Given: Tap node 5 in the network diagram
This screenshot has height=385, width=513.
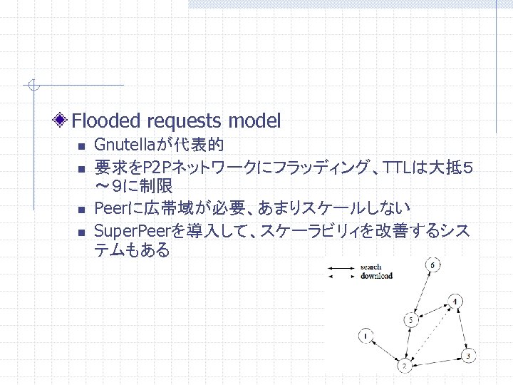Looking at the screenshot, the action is click(410, 321).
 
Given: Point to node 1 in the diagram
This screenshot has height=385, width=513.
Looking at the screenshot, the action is click(365, 334).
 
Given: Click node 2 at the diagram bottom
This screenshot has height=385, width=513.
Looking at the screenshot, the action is click(404, 366).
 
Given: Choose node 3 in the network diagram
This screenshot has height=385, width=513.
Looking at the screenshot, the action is click(467, 354).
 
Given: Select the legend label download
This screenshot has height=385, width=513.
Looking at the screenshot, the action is click(376, 276).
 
